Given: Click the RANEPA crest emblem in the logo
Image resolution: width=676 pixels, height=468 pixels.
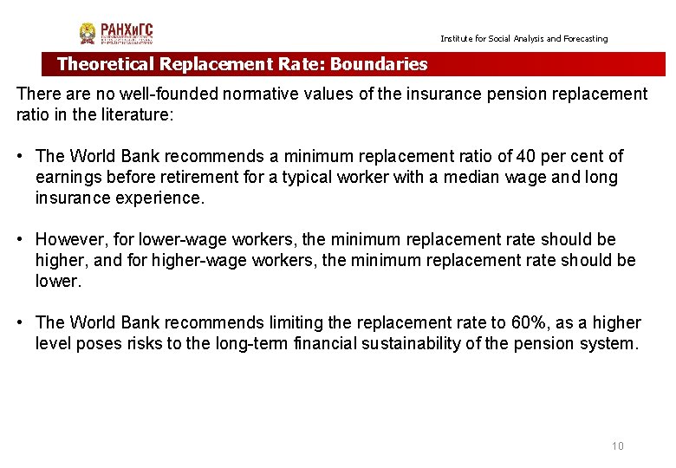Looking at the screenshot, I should click(x=88, y=34).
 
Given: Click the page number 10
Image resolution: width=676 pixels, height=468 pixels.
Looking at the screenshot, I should click(x=617, y=446).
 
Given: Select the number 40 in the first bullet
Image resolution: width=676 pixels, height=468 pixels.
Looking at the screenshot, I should click(x=526, y=157).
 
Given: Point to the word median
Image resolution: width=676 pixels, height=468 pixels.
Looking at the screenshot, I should click(x=492, y=178).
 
